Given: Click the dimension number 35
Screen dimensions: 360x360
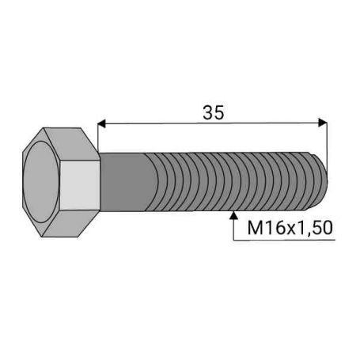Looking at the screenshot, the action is (214, 112).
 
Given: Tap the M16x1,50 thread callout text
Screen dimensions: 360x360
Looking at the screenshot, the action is (290, 228).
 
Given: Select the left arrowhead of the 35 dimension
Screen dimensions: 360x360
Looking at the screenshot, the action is (101, 123).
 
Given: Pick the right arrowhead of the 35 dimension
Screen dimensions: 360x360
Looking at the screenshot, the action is (323, 123).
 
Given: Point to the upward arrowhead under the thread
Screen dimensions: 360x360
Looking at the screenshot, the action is (233, 215).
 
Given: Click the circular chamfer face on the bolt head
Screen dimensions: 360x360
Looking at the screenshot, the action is (41, 181).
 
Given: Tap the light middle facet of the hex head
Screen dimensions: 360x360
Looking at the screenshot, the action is (80, 185).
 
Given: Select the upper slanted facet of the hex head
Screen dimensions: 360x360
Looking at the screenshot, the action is (71, 144).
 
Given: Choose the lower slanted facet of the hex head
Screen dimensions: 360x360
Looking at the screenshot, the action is (71, 223).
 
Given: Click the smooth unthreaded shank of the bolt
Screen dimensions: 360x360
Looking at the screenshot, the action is (124, 182).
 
